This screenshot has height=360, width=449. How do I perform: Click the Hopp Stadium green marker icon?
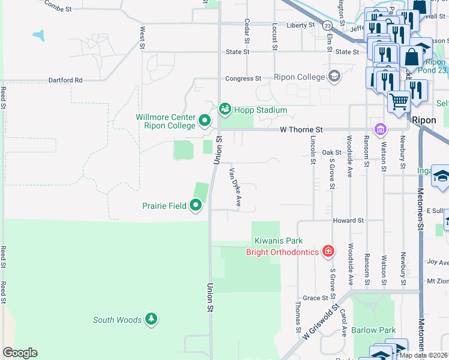(224, 109)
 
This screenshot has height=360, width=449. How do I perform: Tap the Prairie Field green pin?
(196, 206)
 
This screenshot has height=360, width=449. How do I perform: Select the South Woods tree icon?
(152, 319)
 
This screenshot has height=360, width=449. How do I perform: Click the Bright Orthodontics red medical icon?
(328, 251)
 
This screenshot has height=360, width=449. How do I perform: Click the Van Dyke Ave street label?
(234, 187)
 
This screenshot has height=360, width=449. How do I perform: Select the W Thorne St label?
(301, 130)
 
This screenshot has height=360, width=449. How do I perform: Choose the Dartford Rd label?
(62, 80)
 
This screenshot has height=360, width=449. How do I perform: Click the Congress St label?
(243, 79)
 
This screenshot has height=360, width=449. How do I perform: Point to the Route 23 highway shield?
(327, 26)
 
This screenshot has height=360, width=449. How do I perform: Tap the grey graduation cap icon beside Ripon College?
(334, 76)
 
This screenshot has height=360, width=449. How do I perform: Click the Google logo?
(20, 353)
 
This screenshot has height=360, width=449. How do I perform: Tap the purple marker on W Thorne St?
(379, 129)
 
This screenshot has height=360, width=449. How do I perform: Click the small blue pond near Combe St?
(39, 35)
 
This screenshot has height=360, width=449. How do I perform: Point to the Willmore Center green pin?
(204, 121)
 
